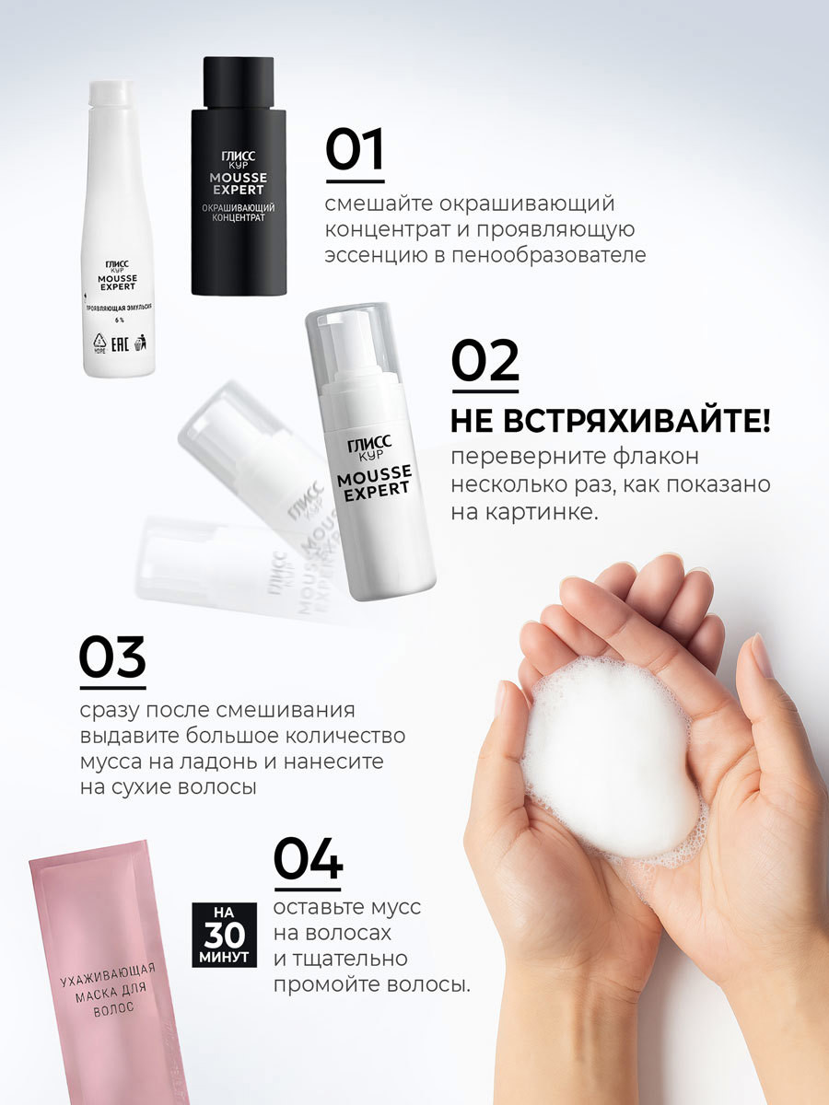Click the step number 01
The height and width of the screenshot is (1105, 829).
[355, 149]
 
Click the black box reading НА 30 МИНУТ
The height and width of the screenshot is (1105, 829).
[225, 935]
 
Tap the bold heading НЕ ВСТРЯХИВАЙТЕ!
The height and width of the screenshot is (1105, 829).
[610, 422]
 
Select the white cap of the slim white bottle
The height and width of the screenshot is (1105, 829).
[111, 93]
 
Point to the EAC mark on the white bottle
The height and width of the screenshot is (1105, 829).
[120, 344]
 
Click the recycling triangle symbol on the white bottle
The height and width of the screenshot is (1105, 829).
[99, 342]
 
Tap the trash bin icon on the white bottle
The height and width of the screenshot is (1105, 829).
[140, 343]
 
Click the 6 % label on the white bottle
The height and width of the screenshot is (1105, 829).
[120, 320]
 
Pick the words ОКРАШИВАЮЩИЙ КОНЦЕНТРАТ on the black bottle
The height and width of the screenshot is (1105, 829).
[238, 213]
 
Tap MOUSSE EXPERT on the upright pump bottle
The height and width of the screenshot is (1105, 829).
[374, 483]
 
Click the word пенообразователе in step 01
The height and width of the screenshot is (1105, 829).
[549, 255]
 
